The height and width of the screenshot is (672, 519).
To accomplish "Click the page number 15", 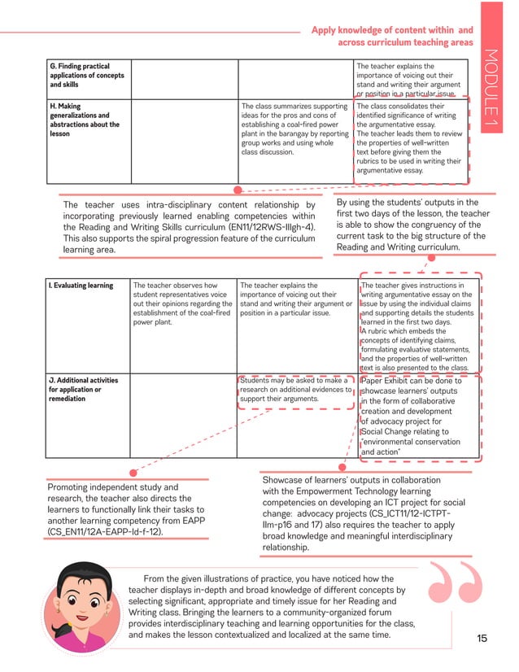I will click(482, 639).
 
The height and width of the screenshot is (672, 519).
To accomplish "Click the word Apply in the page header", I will click(325, 30).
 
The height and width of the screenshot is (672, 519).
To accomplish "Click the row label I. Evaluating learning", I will click(81, 286).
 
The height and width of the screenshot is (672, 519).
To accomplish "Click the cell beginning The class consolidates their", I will click(410, 138).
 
